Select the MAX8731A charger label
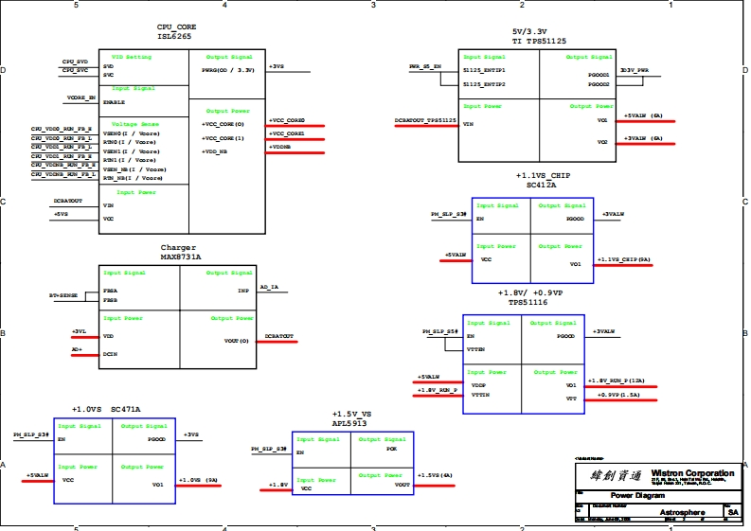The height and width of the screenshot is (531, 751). coord(180,257)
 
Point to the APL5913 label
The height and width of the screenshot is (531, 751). coord(349,423)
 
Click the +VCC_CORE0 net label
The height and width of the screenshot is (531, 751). coord(287,121)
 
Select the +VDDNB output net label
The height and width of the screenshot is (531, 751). coord(280,148)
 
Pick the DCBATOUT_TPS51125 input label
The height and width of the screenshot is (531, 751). coord(426,121)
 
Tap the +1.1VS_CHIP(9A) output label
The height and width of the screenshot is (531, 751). coord(623,259)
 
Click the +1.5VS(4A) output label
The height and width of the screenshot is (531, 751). coord(436,475)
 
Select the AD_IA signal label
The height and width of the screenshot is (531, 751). coord(269,287)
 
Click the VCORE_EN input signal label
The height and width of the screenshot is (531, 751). coord(81,97)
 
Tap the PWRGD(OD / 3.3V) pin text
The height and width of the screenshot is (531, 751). coord(227,70)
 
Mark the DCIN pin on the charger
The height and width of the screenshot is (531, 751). coord(110,353)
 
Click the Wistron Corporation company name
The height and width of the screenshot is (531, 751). coord(692,473)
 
